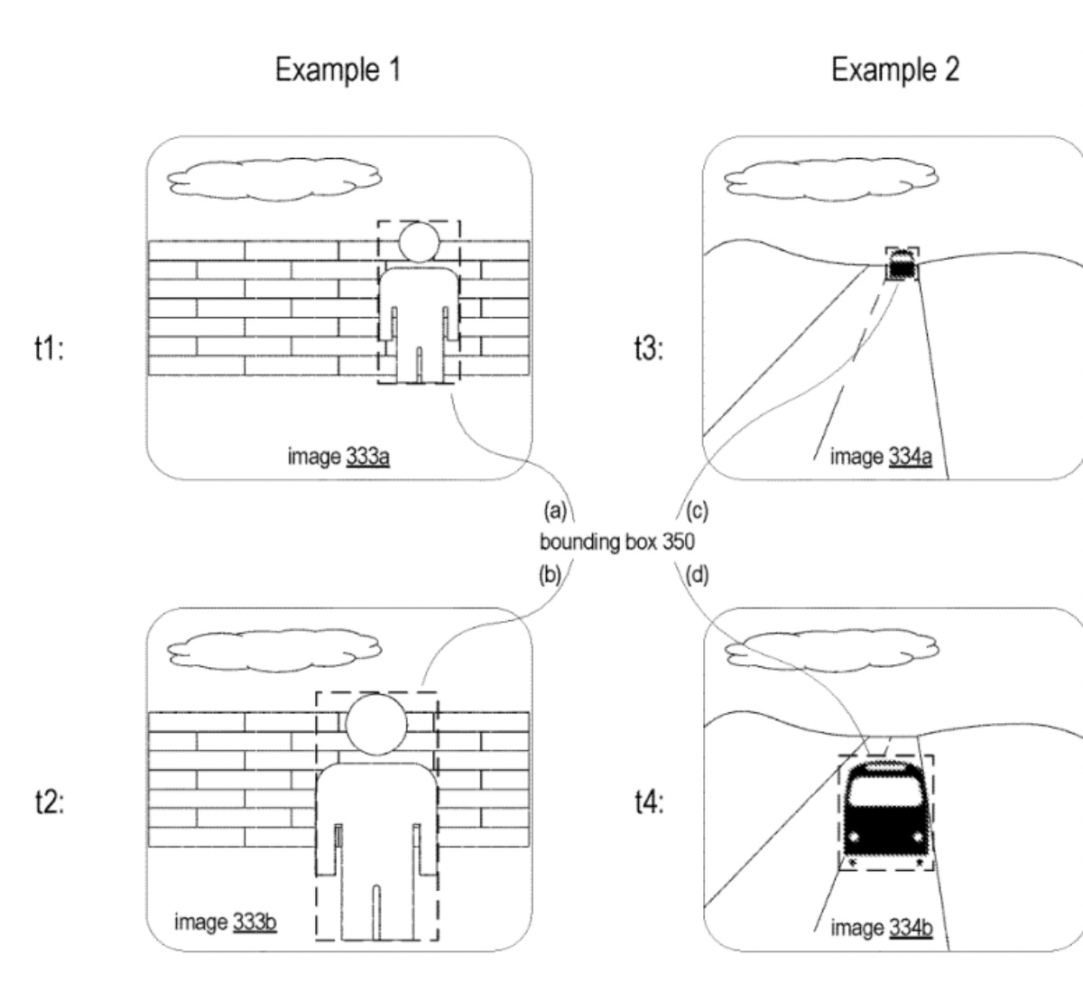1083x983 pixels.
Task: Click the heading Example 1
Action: [x=338, y=70]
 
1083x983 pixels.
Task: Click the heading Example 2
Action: [x=895, y=70]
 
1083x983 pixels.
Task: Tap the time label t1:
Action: [x=50, y=351]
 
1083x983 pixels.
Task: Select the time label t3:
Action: [x=650, y=351]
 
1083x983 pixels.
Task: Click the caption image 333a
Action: [x=338, y=458]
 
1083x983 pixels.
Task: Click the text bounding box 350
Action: [x=617, y=543]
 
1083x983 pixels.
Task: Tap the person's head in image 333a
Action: [x=419, y=241]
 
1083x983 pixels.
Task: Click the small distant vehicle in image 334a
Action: [x=902, y=266]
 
